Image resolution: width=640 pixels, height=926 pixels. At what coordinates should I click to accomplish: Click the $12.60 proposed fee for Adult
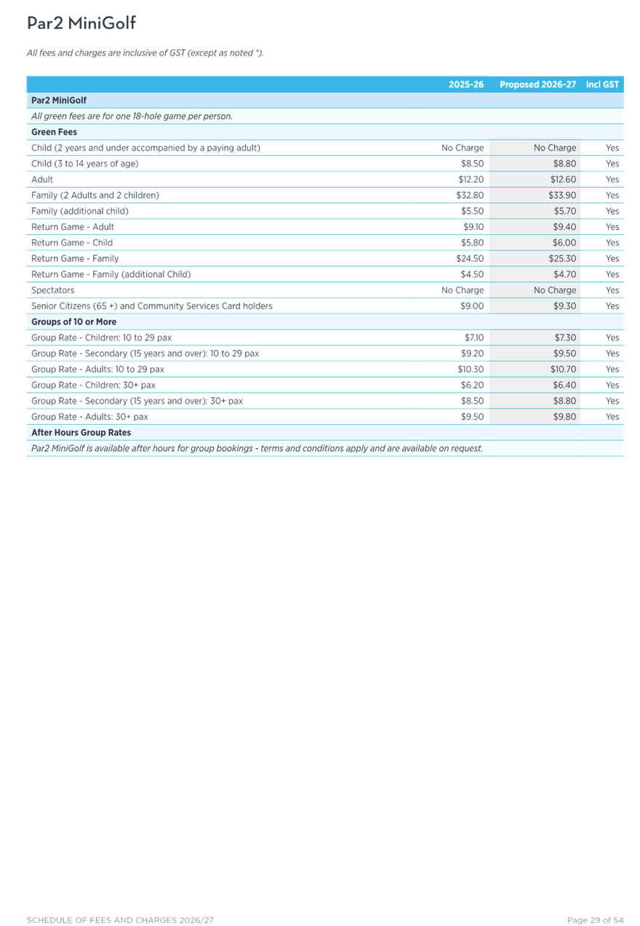point(564,180)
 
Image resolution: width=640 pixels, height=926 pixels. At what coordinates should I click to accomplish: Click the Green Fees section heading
point(55,132)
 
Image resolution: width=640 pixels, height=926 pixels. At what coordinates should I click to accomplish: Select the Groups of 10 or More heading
point(73,322)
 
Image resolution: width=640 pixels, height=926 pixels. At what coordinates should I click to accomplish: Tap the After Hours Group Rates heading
point(81,433)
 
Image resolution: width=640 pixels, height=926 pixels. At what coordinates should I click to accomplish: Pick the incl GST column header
point(602,84)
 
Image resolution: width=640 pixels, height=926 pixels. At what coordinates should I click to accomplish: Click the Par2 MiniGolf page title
point(81,23)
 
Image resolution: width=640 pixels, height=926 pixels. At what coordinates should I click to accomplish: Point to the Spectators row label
point(53,290)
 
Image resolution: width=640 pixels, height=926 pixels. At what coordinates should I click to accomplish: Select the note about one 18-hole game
point(132,116)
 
